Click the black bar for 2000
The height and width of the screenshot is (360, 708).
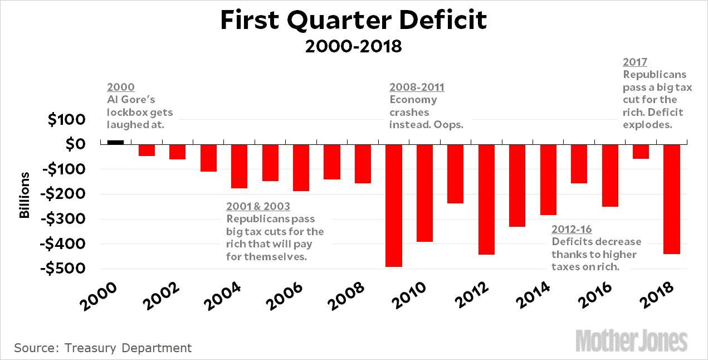pos(115,142)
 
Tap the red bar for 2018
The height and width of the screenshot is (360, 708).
pos(672,198)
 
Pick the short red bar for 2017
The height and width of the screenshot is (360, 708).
pos(641,151)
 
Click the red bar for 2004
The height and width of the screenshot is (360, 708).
pos(239,166)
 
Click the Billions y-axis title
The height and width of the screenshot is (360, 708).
pos(25,195)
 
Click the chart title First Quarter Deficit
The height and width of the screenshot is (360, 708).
pos(354,21)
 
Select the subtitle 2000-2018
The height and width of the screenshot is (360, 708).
pos(354,46)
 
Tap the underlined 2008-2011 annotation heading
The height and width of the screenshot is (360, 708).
pos(417,87)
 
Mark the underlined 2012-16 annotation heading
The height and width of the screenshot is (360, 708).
pos(572,229)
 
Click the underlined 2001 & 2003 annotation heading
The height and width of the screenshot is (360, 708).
pos(258,206)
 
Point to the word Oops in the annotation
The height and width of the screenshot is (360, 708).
pos(451,124)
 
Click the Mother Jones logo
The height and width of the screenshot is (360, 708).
pos(631,340)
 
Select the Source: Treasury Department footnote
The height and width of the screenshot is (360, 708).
pos(103,348)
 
